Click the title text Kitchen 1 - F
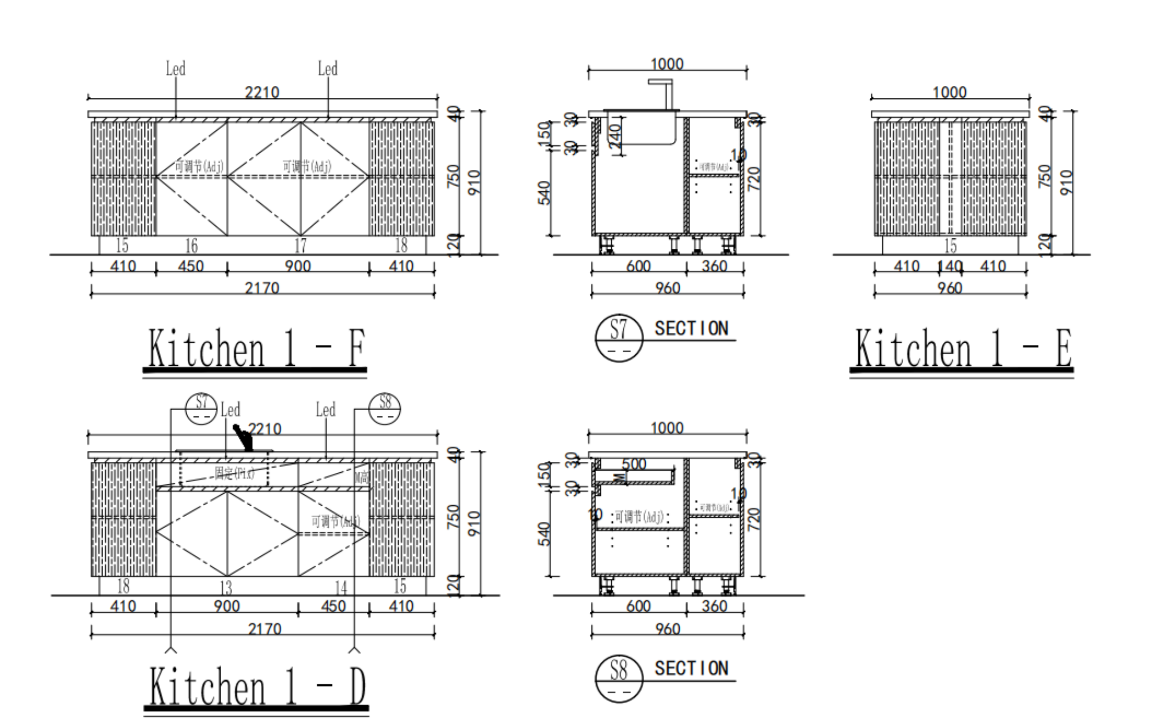click(257, 348)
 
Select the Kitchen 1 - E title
click(963, 348)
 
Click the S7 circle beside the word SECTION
click(619, 338)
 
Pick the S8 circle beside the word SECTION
click(619, 678)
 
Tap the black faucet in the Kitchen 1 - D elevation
click(244, 438)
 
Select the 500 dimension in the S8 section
click(634, 464)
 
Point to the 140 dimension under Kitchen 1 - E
click(950, 267)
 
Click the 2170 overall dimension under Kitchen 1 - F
click(262, 287)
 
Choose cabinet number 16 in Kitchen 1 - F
click(191, 246)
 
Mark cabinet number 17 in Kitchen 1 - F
click(301, 246)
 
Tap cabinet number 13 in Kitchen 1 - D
click(226, 588)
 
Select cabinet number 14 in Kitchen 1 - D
click(341, 588)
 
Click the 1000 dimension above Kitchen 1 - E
click(949, 92)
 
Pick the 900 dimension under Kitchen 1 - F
click(298, 266)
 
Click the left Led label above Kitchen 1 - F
click(176, 69)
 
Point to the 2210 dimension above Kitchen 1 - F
click(262, 92)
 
